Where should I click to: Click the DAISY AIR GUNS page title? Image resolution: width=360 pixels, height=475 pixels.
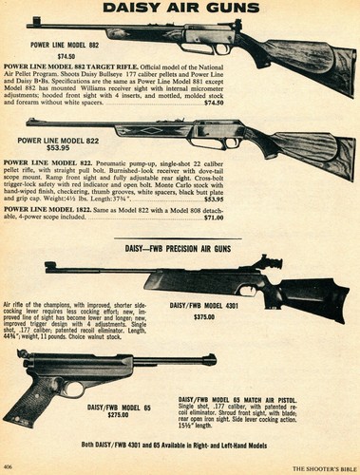click(180, 9)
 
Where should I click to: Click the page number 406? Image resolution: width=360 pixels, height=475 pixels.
click(10, 467)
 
